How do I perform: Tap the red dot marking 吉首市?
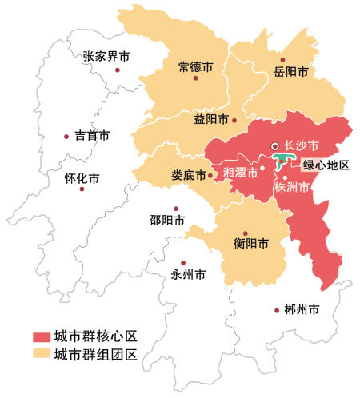click(x=66, y=137)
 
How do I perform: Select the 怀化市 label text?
click(x=81, y=177)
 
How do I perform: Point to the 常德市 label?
click(x=195, y=68)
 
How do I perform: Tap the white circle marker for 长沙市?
click(x=274, y=146)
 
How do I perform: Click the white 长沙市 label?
click(x=302, y=146)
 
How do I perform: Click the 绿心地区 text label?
click(x=326, y=166)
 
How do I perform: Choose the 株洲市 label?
click(x=291, y=189)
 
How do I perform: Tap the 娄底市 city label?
click(x=188, y=174)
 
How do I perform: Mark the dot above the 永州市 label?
click(x=184, y=261)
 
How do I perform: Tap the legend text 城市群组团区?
click(x=96, y=353)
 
